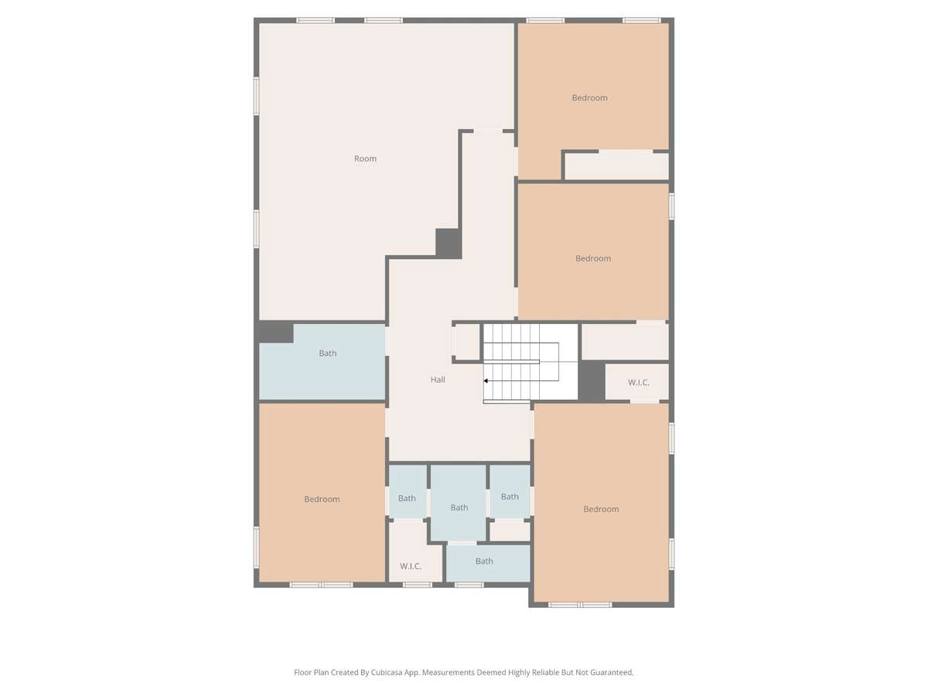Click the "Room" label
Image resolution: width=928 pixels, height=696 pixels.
[365, 159]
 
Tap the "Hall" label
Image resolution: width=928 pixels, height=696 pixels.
[438, 380]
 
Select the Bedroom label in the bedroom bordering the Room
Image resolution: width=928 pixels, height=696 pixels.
[589, 97]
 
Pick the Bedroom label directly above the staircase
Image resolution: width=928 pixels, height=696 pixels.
[592, 258]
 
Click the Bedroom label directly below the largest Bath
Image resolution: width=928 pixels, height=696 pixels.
[322, 499]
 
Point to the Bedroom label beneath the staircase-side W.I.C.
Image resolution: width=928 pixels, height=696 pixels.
[601, 509]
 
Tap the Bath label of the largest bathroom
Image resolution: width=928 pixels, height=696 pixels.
[328, 353]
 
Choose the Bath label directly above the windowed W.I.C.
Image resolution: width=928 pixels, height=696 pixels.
[407, 498]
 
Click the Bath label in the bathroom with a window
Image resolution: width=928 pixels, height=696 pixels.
[484, 561]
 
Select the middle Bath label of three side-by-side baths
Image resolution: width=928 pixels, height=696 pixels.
[459, 507]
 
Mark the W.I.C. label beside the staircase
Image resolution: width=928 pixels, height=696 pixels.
[639, 383]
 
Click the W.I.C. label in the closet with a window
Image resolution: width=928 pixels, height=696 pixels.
[410, 566]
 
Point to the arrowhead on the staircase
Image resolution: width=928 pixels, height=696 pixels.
[486, 380]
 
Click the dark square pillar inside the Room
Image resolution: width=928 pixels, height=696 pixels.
[448, 243]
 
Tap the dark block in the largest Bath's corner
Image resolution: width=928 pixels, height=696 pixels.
[275, 332]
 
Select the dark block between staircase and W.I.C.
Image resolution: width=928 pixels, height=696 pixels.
[591, 380]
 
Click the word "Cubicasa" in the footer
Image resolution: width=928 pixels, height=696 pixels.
[387, 672]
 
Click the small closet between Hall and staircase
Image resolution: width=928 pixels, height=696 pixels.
[467, 342]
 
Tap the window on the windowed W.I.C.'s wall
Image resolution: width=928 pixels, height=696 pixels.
[418, 585]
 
